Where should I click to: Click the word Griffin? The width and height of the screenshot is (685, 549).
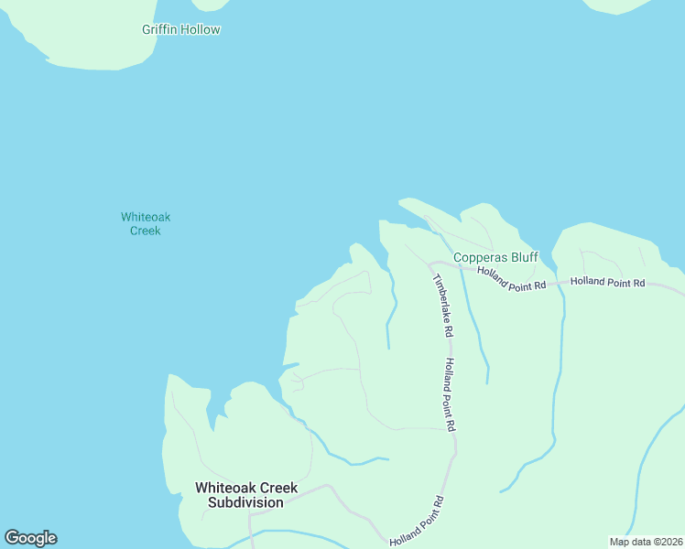point(160,29)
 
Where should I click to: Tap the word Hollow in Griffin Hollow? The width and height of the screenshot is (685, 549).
point(201,29)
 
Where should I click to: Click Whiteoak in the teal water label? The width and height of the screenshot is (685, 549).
point(146,217)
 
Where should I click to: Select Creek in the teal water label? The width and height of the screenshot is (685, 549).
point(146,231)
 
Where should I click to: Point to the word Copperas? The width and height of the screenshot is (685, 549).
point(481,257)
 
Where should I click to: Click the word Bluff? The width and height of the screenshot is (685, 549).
point(524,257)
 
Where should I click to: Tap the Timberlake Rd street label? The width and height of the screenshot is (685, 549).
point(441,305)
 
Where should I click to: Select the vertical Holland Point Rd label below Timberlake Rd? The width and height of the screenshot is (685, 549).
point(450,393)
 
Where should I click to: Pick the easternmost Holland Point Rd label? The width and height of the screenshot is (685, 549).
point(607,283)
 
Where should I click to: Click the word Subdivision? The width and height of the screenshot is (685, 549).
point(245,502)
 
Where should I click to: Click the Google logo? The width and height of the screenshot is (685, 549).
point(30,538)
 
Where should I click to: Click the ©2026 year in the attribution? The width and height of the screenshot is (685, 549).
point(666,542)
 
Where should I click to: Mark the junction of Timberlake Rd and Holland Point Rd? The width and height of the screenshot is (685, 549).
point(430,264)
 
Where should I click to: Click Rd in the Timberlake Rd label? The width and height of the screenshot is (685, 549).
point(448,328)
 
